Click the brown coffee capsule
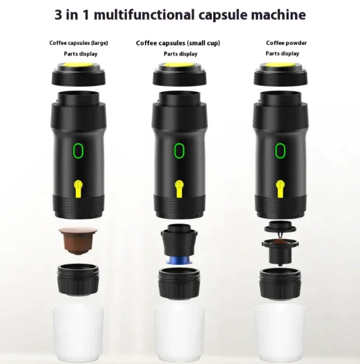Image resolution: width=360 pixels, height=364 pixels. coord(79,240)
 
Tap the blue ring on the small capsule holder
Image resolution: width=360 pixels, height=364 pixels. coord(178,260)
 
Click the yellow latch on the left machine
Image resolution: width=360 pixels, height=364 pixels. coord(79,187)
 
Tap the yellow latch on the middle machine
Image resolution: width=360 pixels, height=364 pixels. coord(178,187)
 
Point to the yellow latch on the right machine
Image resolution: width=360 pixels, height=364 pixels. coord(281,187)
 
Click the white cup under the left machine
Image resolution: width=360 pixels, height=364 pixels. coord(79,331)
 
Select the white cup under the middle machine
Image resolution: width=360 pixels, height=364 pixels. coord(178,331)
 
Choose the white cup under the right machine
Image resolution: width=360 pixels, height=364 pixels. coord(281,331)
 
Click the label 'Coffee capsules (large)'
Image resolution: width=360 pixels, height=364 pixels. coord(79,43)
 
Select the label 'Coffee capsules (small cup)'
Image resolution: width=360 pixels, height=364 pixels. coord(178,43)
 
